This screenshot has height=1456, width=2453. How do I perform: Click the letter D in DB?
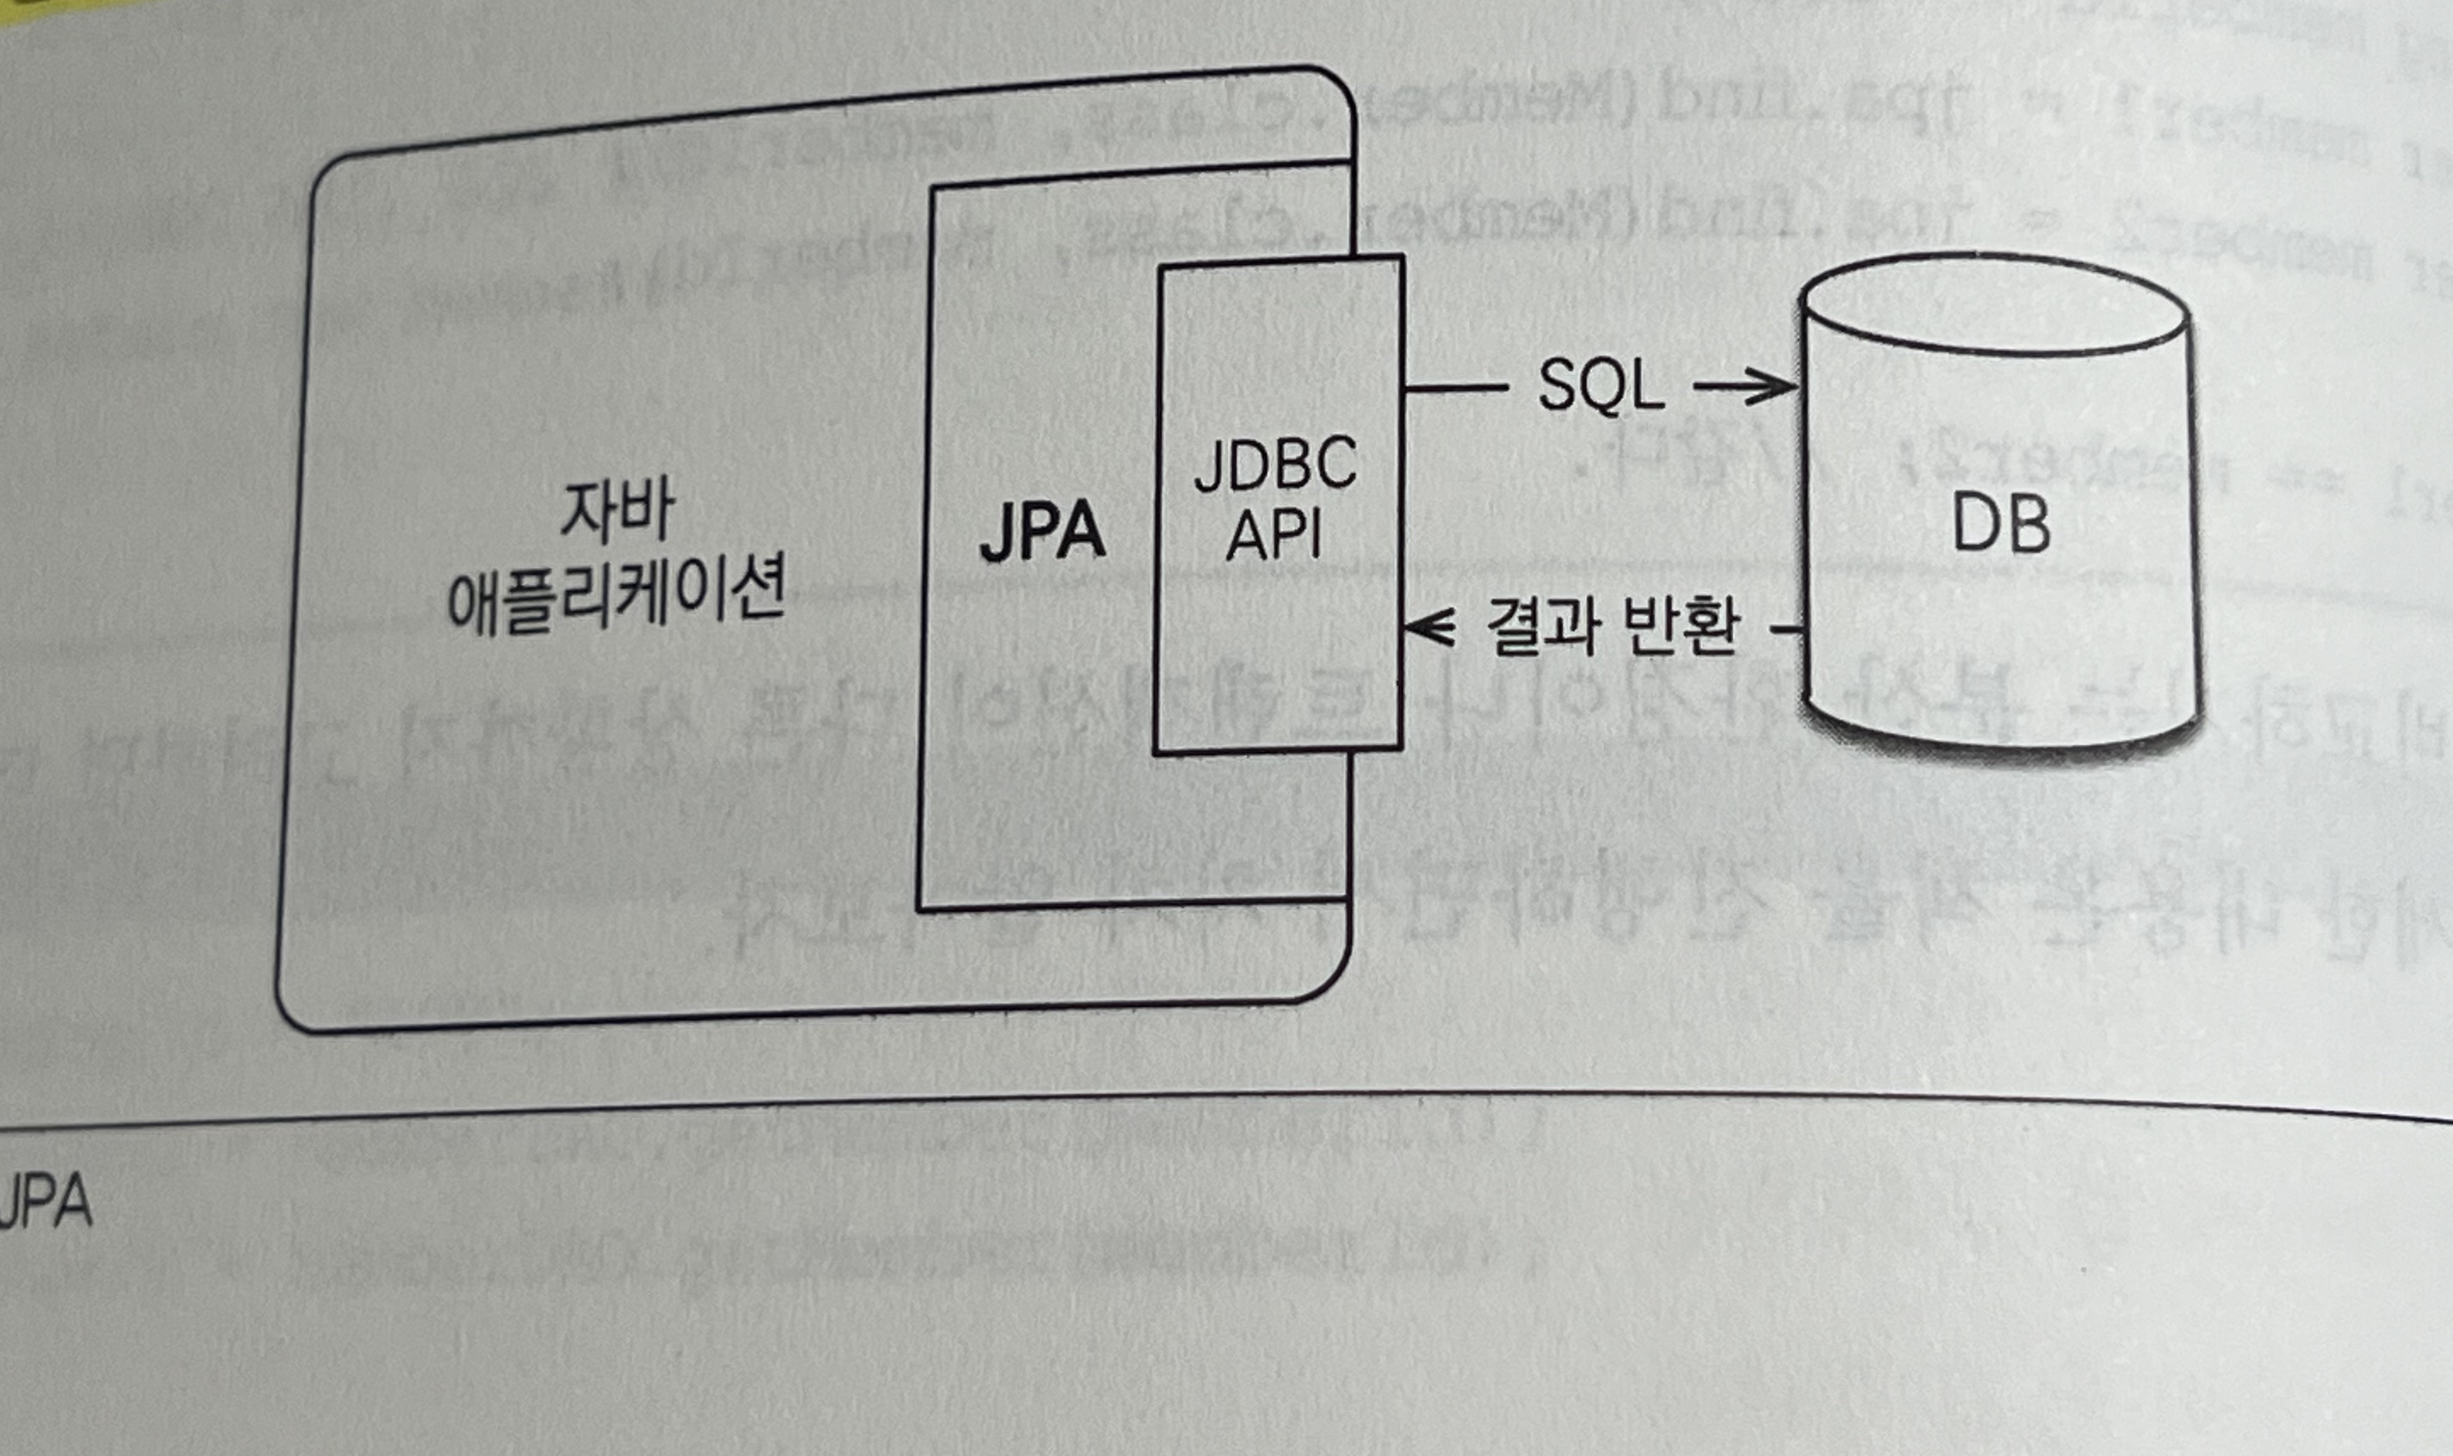pyautogui.click(x=1972, y=525)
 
